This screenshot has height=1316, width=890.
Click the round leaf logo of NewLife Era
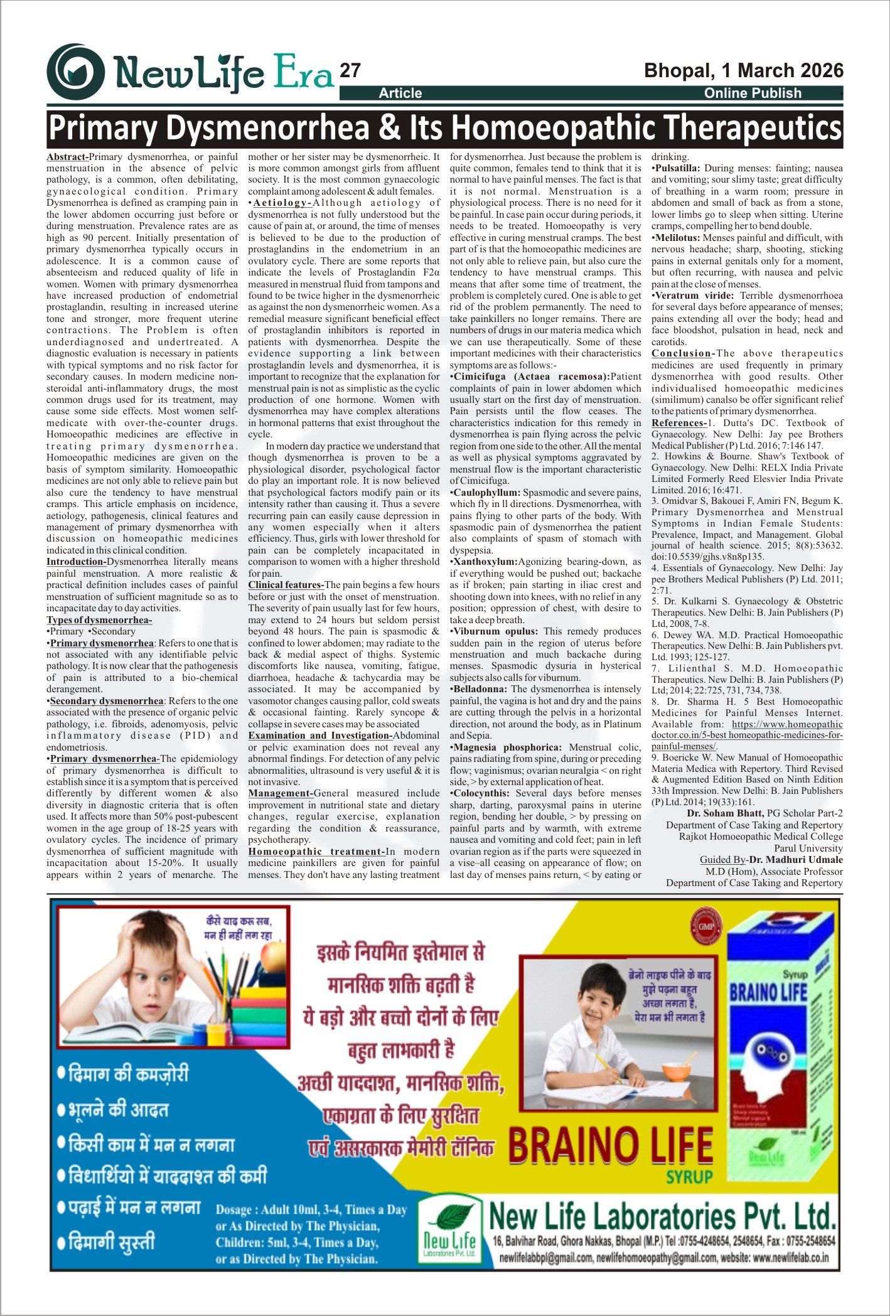click(x=75, y=72)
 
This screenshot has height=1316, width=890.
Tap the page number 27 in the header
click(x=350, y=71)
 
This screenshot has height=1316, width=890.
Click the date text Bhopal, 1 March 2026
click(x=744, y=70)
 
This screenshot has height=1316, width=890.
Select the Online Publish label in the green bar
click(x=753, y=94)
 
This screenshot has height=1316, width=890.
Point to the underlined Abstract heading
click(x=67, y=157)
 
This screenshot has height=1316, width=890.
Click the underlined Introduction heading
click(x=75, y=562)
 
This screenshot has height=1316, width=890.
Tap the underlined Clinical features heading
click(x=286, y=585)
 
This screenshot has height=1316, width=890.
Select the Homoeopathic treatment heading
click(x=316, y=852)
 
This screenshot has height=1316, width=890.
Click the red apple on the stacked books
click(x=271, y=959)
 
